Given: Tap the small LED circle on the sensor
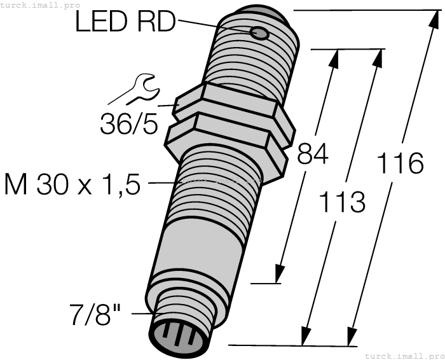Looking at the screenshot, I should point(259,33).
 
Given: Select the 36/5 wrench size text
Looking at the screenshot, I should point(128,123).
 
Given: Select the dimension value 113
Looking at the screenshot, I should point(341,202).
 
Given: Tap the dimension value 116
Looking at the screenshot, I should point(399,163).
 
